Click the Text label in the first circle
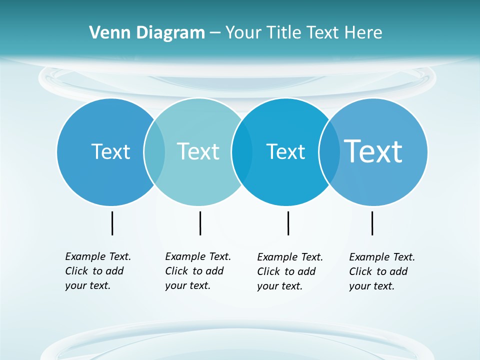(x=110, y=151)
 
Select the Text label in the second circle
(x=198, y=151)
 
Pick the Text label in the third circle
(x=285, y=151)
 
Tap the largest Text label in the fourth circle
(x=373, y=151)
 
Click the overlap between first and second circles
(x=154, y=151)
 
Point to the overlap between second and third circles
(x=242, y=151)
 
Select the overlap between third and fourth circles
(x=329, y=151)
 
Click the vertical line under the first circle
(x=112, y=223)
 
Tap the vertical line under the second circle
(x=200, y=223)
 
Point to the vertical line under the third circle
(x=288, y=223)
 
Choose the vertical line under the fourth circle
(x=372, y=223)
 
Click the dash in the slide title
(x=215, y=33)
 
